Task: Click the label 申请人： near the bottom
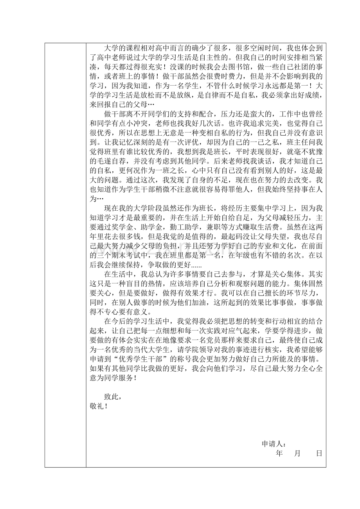(x=274, y=444)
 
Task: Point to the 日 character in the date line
(x=319, y=453)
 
